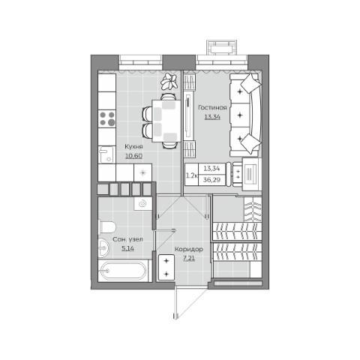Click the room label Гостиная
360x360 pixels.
coord(212,107)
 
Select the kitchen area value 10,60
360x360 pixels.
coord(133,156)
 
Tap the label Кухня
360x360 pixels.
coord(133,147)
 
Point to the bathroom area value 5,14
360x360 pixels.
coord(127,248)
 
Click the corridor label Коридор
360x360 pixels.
coord(189,249)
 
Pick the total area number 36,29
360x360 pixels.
coord(211,180)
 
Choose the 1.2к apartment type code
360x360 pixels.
coord(192,175)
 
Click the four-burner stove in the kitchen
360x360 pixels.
coord(107,118)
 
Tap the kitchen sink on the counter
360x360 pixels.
coord(106,154)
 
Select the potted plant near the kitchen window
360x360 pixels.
coord(169,81)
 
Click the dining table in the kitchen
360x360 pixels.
coord(166,121)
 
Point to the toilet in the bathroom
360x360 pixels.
coord(107,227)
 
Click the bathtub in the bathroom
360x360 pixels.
coord(122,271)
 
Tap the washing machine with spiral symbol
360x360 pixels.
coord(142,204)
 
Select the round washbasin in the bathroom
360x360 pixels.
coord(103,248)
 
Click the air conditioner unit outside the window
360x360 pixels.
coord(222,47)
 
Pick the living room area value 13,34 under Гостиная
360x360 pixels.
coord(212,117)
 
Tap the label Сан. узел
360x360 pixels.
coord(127,239)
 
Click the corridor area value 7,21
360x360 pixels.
coord(189,258)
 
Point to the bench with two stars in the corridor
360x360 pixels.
coord(166,267)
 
